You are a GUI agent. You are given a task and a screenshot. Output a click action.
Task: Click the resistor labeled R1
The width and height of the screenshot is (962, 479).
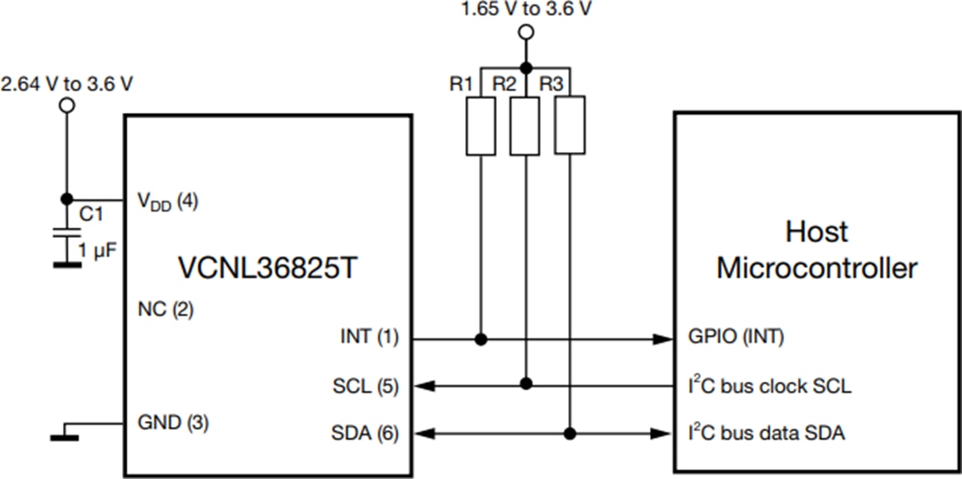(x=482, y=126)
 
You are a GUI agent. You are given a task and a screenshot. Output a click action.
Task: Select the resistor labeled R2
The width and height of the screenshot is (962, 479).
(x=526, y=126)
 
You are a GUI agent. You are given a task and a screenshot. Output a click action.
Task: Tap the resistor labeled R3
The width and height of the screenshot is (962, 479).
(x=569, y=126)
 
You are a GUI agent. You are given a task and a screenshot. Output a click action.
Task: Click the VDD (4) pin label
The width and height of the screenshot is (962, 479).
(x=167, y=201)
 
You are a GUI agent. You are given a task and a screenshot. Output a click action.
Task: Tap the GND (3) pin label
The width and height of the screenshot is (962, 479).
(x=173, y=423)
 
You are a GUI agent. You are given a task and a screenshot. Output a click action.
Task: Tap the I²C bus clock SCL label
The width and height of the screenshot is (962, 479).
(x=770, y=386)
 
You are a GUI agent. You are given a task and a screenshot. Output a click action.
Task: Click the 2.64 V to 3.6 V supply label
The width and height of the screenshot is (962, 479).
(x=68, y=85)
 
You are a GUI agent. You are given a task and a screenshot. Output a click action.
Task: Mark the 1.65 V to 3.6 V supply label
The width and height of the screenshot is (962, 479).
(x=526, y=10)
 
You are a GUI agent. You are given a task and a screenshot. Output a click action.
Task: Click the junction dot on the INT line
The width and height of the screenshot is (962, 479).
(x=482, y=339)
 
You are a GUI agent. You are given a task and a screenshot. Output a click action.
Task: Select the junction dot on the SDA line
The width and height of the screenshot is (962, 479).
(x=569, y=434)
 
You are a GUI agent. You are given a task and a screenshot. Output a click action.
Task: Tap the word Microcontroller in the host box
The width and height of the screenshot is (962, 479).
(x=817, y=267)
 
